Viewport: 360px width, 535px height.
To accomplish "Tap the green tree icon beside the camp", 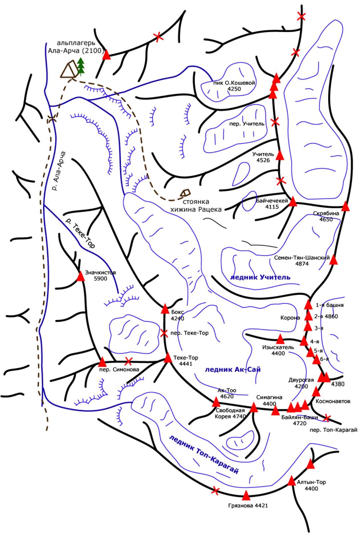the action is tap(81, 67).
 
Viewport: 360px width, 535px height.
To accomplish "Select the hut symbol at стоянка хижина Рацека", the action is tap(185, 193).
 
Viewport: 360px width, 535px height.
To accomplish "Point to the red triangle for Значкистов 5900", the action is tap(81, 276).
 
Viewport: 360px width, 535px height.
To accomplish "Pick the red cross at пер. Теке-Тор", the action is tap(164, 333).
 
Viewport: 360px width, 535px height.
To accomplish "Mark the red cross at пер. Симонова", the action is tap(128, 361).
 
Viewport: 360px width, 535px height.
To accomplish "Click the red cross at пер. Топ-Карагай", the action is tap(327, 418).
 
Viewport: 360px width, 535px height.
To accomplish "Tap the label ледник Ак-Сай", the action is tap(233, 369).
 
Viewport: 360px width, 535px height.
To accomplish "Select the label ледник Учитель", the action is tap(260, 277).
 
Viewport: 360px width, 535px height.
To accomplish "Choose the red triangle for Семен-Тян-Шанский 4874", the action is tap(333, 260).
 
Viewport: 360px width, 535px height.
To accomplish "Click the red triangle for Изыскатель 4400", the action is tap(280, 339).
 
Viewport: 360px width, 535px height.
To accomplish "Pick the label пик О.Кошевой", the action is tap(234, 83).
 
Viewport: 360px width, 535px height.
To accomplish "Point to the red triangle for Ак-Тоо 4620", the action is tap(216, 402).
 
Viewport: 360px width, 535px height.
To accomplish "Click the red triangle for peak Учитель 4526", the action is tap(280, 155).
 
